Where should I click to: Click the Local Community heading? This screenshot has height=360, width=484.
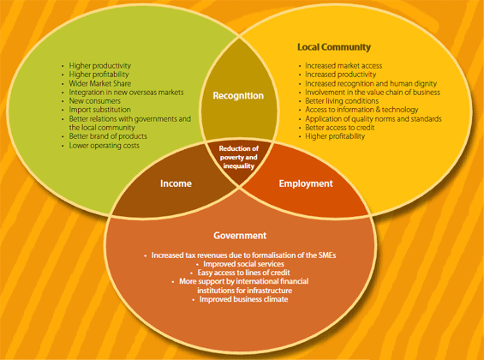pyautogui.click(x=334, y=47)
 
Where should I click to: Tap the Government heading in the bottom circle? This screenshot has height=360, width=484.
pyautogui.click(x=240, y=236)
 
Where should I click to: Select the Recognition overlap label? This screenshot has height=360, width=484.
pyautogui.click(x=238, y=96)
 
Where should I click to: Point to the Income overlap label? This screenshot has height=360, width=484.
pyautogui.click(x=176, y=183)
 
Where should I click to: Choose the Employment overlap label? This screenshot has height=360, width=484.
pyautogui.click(x=306, y=183)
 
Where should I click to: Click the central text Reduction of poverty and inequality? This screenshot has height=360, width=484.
pyautogui.click(x=239, y=157)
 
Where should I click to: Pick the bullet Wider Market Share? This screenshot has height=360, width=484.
pyautogui.click(x=100, y=83)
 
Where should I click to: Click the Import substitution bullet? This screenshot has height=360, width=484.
pyautogui.click(x=99, y=110)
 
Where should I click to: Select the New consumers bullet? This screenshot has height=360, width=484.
pyautogui.click(x=95, y=101)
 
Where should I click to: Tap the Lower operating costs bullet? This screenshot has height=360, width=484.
pyautogui.click(x=104, y=146)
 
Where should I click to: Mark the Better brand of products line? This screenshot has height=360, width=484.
pyautogui.click(x=108, y=136)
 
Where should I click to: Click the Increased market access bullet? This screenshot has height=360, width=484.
pyautogui.click(x=344, y=66)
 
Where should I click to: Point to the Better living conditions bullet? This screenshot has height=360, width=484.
pyautogui.click(x=342, y=101)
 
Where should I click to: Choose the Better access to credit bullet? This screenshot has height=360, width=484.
pyautogui.click(x=340, y=128)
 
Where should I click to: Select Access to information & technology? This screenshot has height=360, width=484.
pyautogui.click(x=362, y=110)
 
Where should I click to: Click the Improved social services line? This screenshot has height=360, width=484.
pyautogui.click(x=243, y=264)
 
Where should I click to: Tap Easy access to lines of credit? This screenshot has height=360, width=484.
pyautogui.click(x=243, y=273)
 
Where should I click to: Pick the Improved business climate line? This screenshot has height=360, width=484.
pyautogui.click(x=243, y=299)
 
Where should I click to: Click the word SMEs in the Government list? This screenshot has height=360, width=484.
pyautogui.click(x=327, y=255)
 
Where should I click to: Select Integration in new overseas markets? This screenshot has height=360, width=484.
pyautogui.click(x=126, y=93)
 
